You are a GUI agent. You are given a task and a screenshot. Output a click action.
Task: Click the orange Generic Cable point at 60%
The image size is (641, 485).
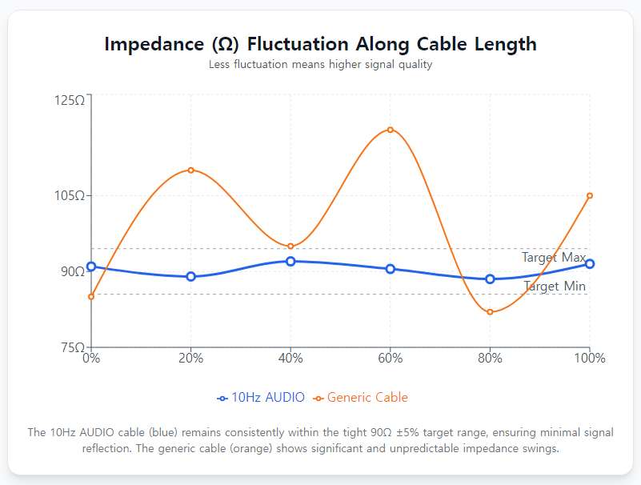click(391, 130)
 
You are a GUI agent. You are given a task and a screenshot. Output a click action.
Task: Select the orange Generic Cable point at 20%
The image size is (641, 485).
click(190, 170)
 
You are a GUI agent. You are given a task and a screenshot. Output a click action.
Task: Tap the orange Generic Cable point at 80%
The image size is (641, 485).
click(490, 312)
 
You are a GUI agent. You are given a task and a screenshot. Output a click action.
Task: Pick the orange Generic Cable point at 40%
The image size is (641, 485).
click(290, 247)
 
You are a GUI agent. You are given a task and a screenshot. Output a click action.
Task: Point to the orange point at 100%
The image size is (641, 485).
click(590, 195)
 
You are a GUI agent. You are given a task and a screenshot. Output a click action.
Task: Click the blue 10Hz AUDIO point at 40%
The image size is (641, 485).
click(290, 261)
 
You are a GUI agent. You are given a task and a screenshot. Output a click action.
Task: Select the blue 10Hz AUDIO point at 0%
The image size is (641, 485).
click(91, 267)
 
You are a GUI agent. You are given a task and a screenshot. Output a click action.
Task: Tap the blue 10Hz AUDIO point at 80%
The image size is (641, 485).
click(490, 279)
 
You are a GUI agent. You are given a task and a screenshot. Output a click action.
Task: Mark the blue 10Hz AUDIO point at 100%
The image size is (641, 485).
click(590, 264)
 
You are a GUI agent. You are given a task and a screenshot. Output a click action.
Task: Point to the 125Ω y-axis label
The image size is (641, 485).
click(70, 100)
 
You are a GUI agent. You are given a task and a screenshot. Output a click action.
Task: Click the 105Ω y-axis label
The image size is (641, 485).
click(70, 195)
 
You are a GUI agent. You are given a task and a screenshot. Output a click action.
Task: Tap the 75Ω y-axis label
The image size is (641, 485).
click(73, 347)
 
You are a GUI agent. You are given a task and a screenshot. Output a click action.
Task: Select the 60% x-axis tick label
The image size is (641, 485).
click(391, 359)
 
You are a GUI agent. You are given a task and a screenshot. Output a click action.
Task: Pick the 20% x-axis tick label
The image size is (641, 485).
click(190, 359)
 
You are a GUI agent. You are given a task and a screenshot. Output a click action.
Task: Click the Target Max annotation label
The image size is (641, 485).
click(554, 258)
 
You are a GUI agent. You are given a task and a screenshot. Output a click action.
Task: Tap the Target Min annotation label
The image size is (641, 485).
click(555, 287)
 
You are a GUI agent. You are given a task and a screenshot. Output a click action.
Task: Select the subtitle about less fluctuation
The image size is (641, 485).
click(320, 65)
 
